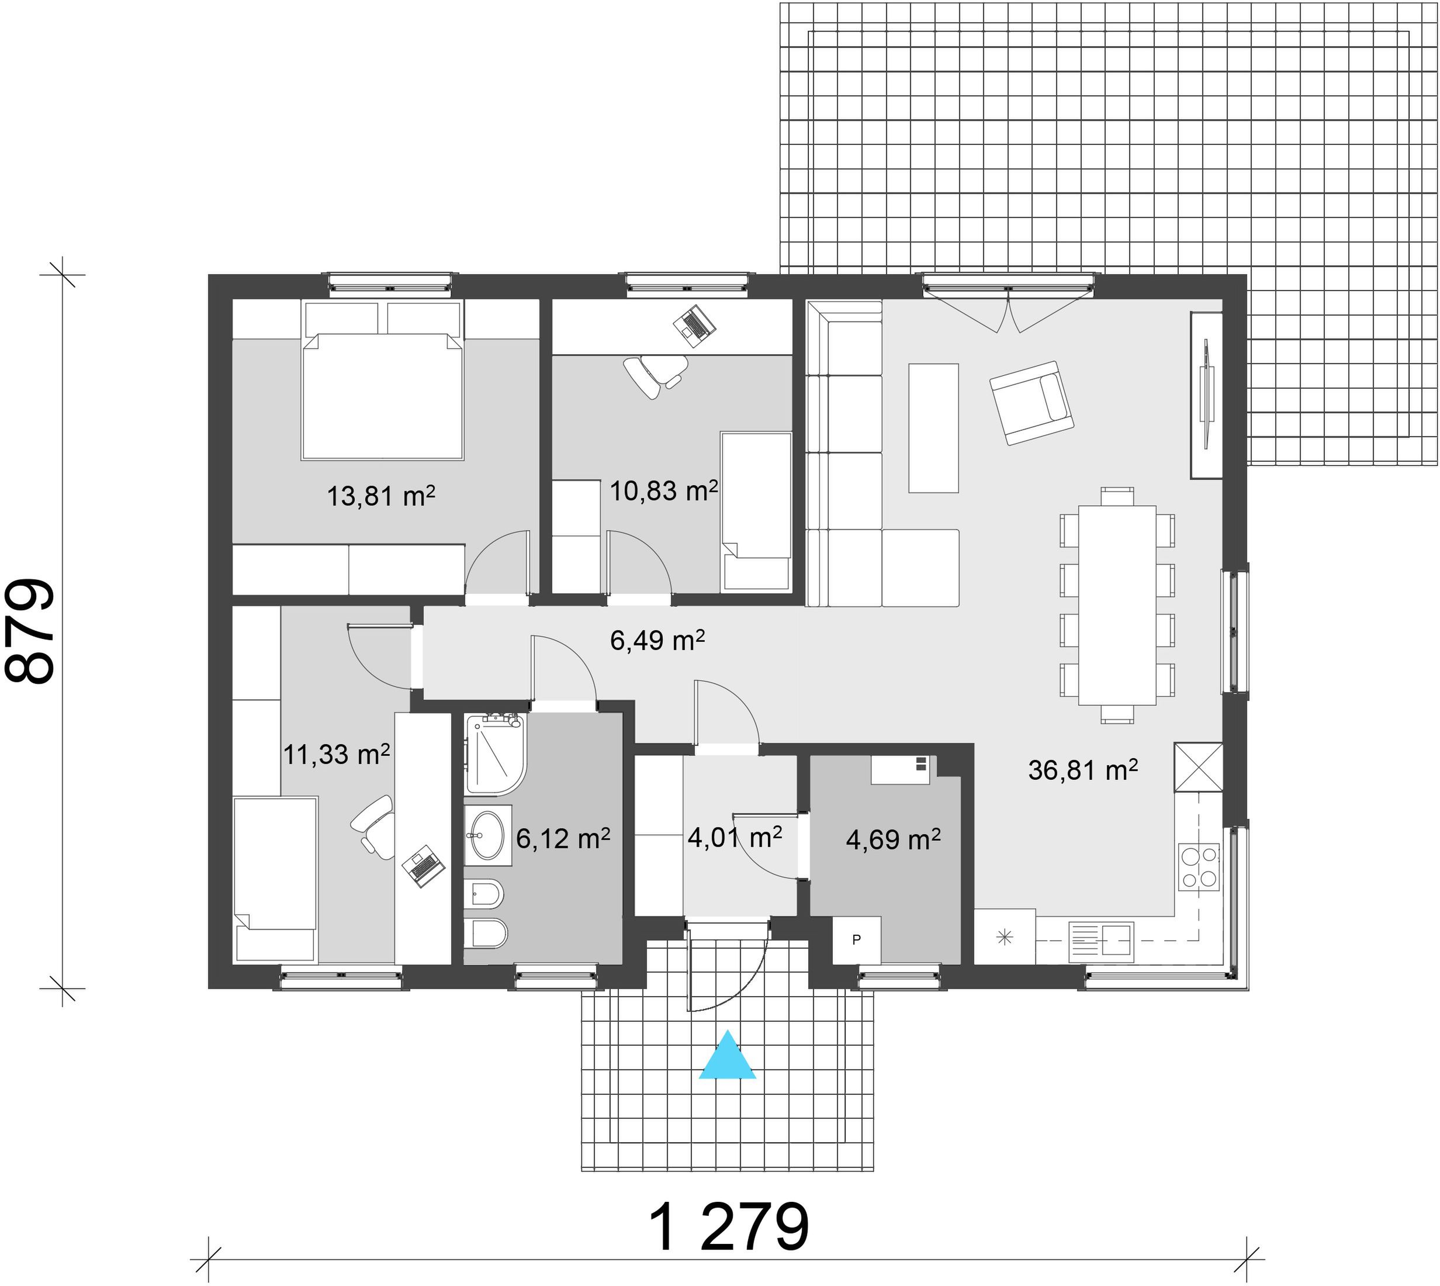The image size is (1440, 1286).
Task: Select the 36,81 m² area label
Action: click(1082, 769)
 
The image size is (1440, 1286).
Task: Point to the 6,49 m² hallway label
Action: click(657, 640)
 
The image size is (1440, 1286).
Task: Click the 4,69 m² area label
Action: click(893, 839)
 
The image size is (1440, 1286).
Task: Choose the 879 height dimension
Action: click(30, 631)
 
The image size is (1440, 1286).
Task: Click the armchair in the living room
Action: click(1031, 403)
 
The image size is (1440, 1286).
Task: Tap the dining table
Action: click(1117, 605)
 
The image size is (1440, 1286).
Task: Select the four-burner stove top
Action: click(1199, 866)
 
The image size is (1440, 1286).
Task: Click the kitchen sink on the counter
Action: click(1101, 941)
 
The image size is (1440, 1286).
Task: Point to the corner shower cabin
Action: click(496, 754)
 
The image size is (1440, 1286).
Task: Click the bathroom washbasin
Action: click(487, 835)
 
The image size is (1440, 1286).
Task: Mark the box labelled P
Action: click(856, 940)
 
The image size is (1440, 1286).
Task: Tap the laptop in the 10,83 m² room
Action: click(694, 325)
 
